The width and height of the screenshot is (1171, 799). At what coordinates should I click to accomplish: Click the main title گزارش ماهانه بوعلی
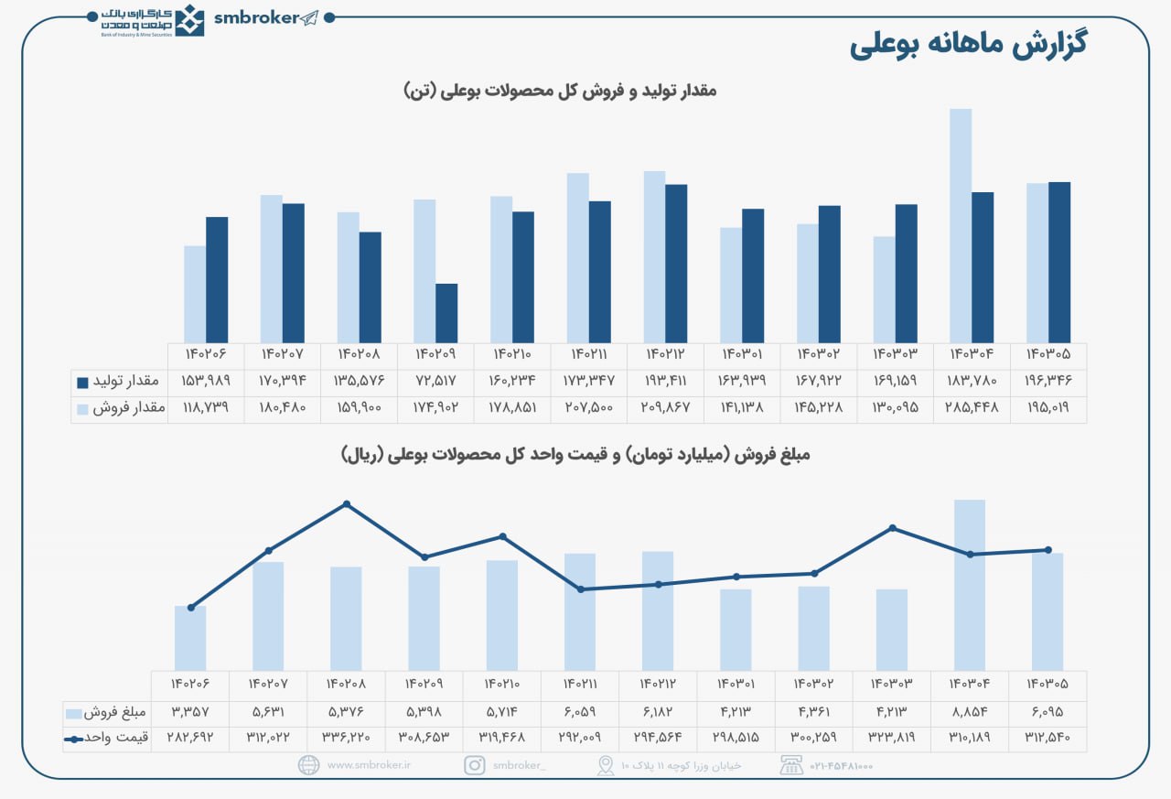pyautogui.click(x=968, y=45)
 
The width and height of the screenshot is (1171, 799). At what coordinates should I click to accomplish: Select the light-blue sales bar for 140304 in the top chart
pyautogui.click(x=961, y=225)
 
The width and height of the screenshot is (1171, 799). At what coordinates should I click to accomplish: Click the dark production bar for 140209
pyautogui.click(x=446, y=313)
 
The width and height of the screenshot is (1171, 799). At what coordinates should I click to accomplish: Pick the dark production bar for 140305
pyautogui.click(x=1059, y=262)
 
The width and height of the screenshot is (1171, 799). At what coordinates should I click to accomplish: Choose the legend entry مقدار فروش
pyautogui.click(x=120, y=408)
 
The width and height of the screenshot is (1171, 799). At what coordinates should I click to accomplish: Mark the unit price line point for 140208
pyautogui.click(x=346, y=504)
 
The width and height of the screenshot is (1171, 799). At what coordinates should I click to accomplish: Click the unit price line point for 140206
pyautogui.click(x=190, y=608)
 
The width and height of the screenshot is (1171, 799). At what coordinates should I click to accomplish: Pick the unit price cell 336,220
pyautogui.click(x=346, y=737)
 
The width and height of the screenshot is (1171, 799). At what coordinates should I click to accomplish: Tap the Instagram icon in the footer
pyautogui.click(x=474, y=765)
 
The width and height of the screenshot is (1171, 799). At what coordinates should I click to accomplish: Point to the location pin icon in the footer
pyautogui.click(x=605, y=765)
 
